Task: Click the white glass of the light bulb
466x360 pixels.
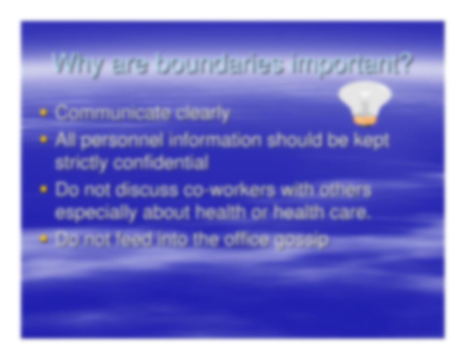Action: (365, 98)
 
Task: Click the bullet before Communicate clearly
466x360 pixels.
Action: (44, 112)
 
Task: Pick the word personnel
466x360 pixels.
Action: (122, 140)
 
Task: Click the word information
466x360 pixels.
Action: (216, 140)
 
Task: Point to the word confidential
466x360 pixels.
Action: (161, 162)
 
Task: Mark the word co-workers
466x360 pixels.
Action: (229, 190)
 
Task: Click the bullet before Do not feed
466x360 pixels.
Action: (44, 238)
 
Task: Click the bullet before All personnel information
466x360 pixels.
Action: (44, 139)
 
